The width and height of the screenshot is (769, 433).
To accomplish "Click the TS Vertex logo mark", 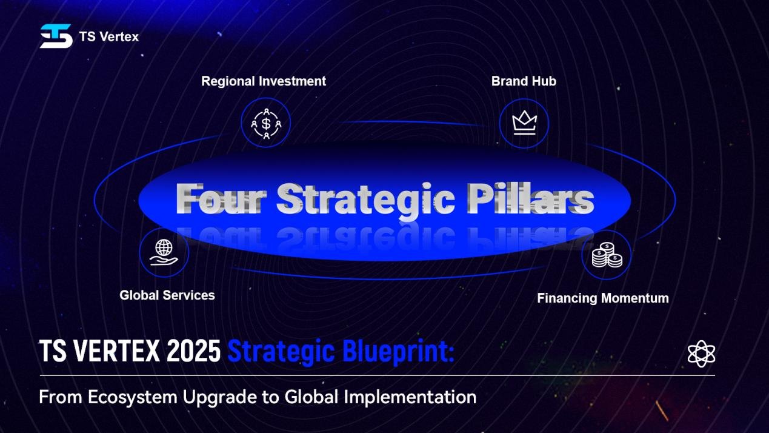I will click(56, 36).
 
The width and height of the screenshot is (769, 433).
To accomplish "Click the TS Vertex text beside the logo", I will click(108, 37).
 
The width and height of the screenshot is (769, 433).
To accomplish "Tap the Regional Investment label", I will click(264, 81).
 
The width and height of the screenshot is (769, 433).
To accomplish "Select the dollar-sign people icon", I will click(266, 123).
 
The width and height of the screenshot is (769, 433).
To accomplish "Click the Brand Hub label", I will click(524, 81).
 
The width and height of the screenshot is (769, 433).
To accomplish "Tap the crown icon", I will click(524, 123).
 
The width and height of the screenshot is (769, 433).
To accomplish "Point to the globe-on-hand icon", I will click(164, 252).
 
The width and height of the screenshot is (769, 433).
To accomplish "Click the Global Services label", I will click(167, 295).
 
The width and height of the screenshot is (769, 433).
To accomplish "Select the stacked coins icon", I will click(607, 255).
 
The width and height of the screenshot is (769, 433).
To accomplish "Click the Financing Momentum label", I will click(603, 298).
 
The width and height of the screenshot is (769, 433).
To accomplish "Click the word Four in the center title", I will click(222, 199).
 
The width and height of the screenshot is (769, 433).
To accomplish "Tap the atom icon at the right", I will click(702, 354).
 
